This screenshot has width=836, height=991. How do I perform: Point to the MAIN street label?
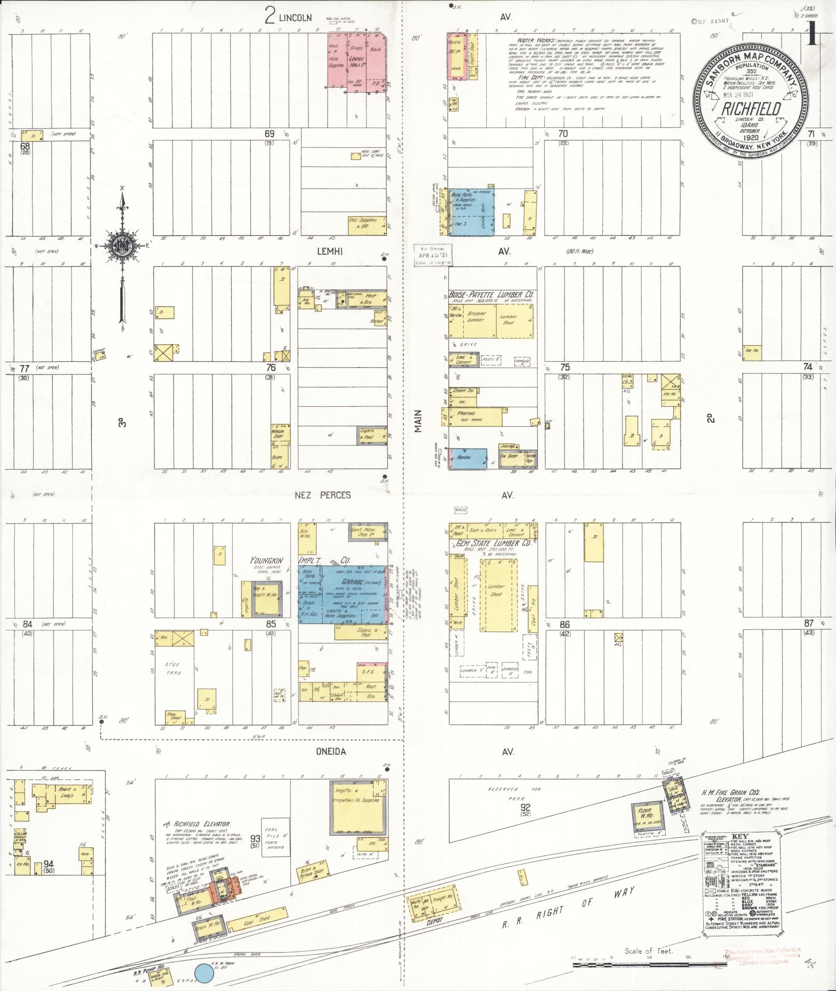(x=418, y=421)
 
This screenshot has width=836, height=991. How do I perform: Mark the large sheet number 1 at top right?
(x=812, y=37)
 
